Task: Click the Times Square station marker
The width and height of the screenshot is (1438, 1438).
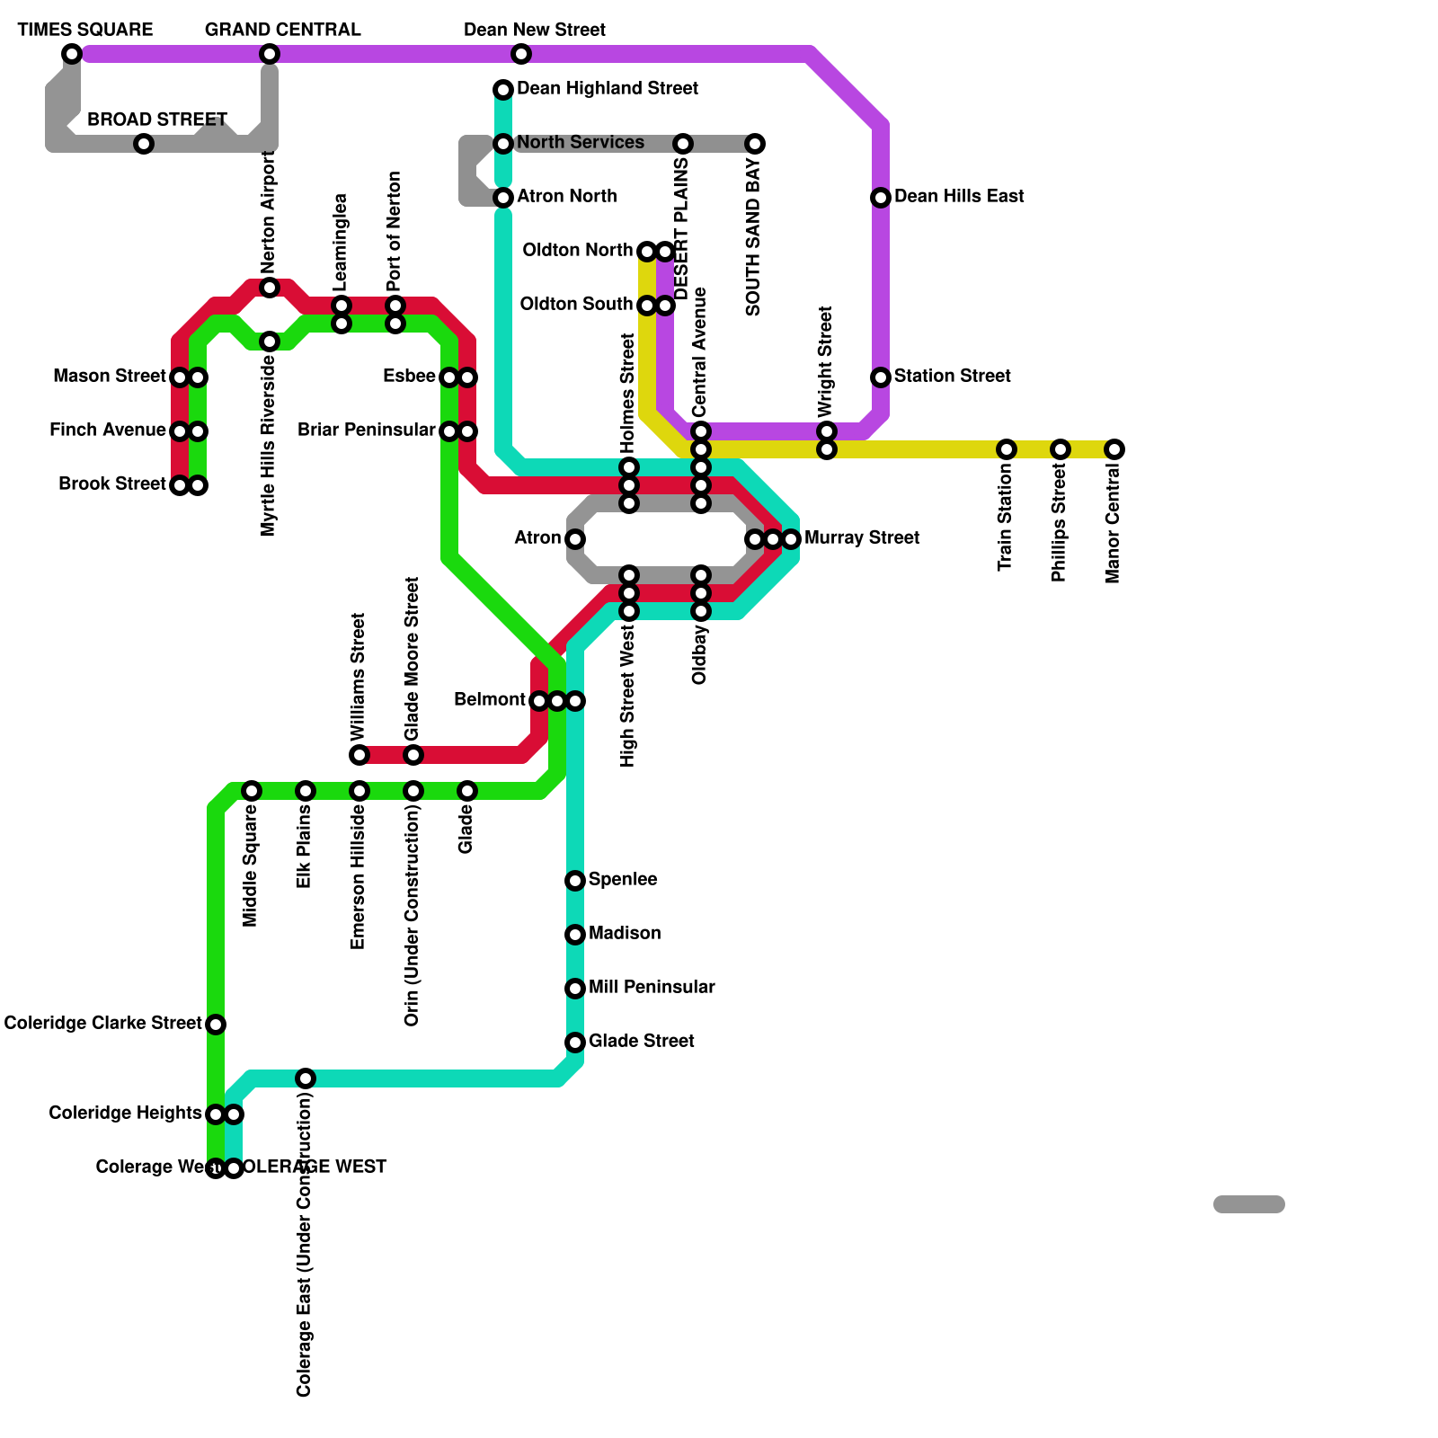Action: (72, 54)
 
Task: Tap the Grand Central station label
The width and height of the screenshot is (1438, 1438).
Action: (282, 30)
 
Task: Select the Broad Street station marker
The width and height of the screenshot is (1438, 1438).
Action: (144, 144)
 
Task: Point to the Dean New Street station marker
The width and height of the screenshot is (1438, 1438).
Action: (521, 54)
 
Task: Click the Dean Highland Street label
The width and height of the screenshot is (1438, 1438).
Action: (608, 88)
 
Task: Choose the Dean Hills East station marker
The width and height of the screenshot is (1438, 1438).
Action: (881, 198)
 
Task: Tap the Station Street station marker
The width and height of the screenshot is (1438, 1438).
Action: (881, 377)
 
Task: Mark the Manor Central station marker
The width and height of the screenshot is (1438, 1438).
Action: (1114, 449)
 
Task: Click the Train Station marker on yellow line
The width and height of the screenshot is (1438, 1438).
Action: (1007, 449)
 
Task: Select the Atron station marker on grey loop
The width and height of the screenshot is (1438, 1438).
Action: (575, 539)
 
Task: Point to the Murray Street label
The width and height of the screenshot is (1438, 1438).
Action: (862, 537)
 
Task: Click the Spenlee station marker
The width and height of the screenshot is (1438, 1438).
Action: (575, 881)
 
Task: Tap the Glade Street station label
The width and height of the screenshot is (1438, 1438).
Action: (641, 1041)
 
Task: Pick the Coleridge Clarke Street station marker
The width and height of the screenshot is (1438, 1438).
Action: (216, 1025)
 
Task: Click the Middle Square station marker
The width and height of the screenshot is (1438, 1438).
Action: (252, 791)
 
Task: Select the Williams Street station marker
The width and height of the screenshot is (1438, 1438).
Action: (359, 755)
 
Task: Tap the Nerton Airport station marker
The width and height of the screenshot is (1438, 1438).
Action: (270, 288)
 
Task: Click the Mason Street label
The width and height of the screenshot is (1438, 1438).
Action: (109, 376)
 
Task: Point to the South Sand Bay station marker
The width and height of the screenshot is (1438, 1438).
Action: (755, 144)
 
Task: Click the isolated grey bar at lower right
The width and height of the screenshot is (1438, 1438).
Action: (1249, 1204)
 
